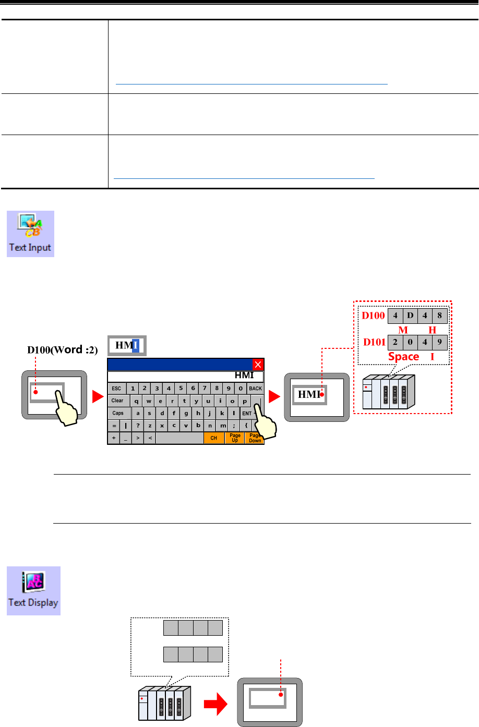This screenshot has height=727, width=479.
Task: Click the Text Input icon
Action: click(x=30, y=234)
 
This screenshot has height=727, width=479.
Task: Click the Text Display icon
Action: click(x=33, y=590)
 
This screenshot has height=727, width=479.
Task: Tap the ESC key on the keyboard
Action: click(x=116, y=389)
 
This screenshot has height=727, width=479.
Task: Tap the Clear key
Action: click(x=118, y=401)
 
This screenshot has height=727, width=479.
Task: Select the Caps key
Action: click(x=118, y=413)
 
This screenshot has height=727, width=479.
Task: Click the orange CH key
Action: click(x=214, y=438)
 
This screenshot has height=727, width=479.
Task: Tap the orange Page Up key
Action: click(x=235, y=438)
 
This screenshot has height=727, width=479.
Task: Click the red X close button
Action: click(x=258, y=365)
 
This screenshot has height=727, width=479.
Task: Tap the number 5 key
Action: click(x=181, y=389)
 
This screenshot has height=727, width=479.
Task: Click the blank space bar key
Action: click(x=179, y=438)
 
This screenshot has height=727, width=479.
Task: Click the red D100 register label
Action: click(x=373, y=316)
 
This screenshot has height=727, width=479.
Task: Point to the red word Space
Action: click(x=403, y=357)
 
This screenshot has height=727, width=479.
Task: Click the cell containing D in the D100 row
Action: click(x=410, y=316)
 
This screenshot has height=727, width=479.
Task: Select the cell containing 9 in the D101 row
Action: click(x=440, y=343)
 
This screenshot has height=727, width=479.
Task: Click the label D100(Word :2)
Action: click(x=63, y=350)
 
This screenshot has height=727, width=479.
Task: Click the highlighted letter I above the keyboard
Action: click(x=136, y=345)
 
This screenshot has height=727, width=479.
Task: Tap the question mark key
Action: click(x=138, y=426)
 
